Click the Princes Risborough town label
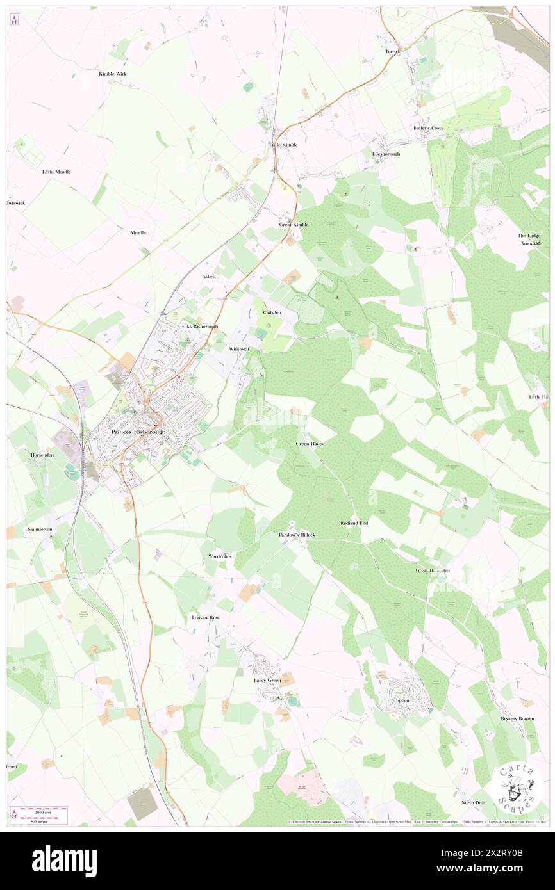point(138,432)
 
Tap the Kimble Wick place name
point(113,74)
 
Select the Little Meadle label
point(56,172)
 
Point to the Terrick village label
point(393,51)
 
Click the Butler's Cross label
point(428,128)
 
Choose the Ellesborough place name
point(386,154)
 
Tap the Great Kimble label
point(294,225)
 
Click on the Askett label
point(210,277)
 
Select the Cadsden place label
point(272,312)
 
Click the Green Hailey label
point(310,443)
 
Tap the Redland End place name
point(354,523)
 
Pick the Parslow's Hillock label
point(297,534)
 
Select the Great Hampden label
point(433,570)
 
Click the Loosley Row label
point(206,617)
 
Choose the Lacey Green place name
point(267,680)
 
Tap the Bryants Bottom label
point(517,718)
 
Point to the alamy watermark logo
point(64,861)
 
